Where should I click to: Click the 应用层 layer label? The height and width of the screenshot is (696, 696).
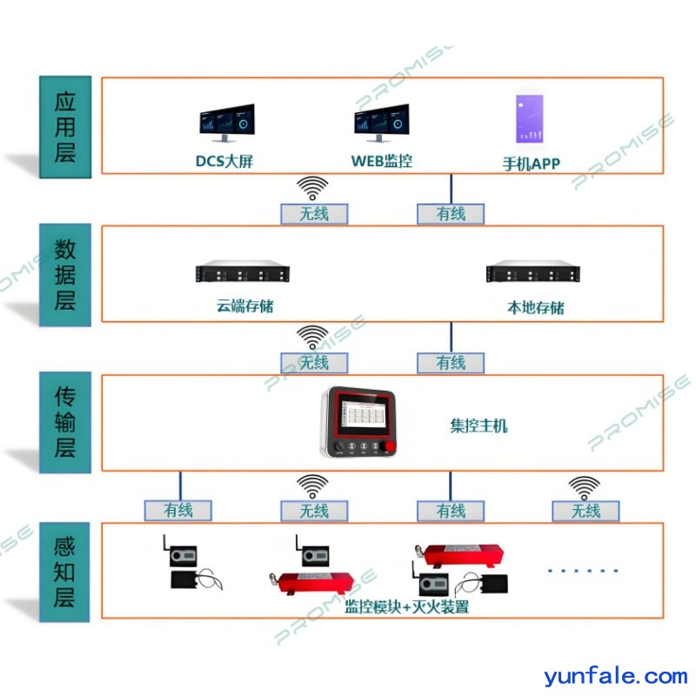point(65,127)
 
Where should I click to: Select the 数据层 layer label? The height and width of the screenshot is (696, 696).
point(65,276)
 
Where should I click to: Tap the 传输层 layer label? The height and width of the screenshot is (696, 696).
point(65,424)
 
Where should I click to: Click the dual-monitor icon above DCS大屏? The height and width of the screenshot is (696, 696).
point(226,124)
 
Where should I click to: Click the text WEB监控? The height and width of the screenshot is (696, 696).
point(382,161)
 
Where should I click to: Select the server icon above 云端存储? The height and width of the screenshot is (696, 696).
point(242,273)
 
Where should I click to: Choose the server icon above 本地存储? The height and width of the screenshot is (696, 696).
point(532,273)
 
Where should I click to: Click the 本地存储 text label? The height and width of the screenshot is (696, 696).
point(535,307)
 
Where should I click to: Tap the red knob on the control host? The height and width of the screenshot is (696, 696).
point(390,449)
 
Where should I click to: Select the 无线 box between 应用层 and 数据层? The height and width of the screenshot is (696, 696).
point(314,213)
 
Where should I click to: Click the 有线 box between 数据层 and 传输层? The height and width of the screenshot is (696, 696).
point(451,362)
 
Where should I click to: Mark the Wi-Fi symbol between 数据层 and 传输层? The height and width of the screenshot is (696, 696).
point(313,337)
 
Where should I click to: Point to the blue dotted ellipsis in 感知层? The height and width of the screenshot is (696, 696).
point(583,571)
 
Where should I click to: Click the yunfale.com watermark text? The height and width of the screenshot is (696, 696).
point(615,676)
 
